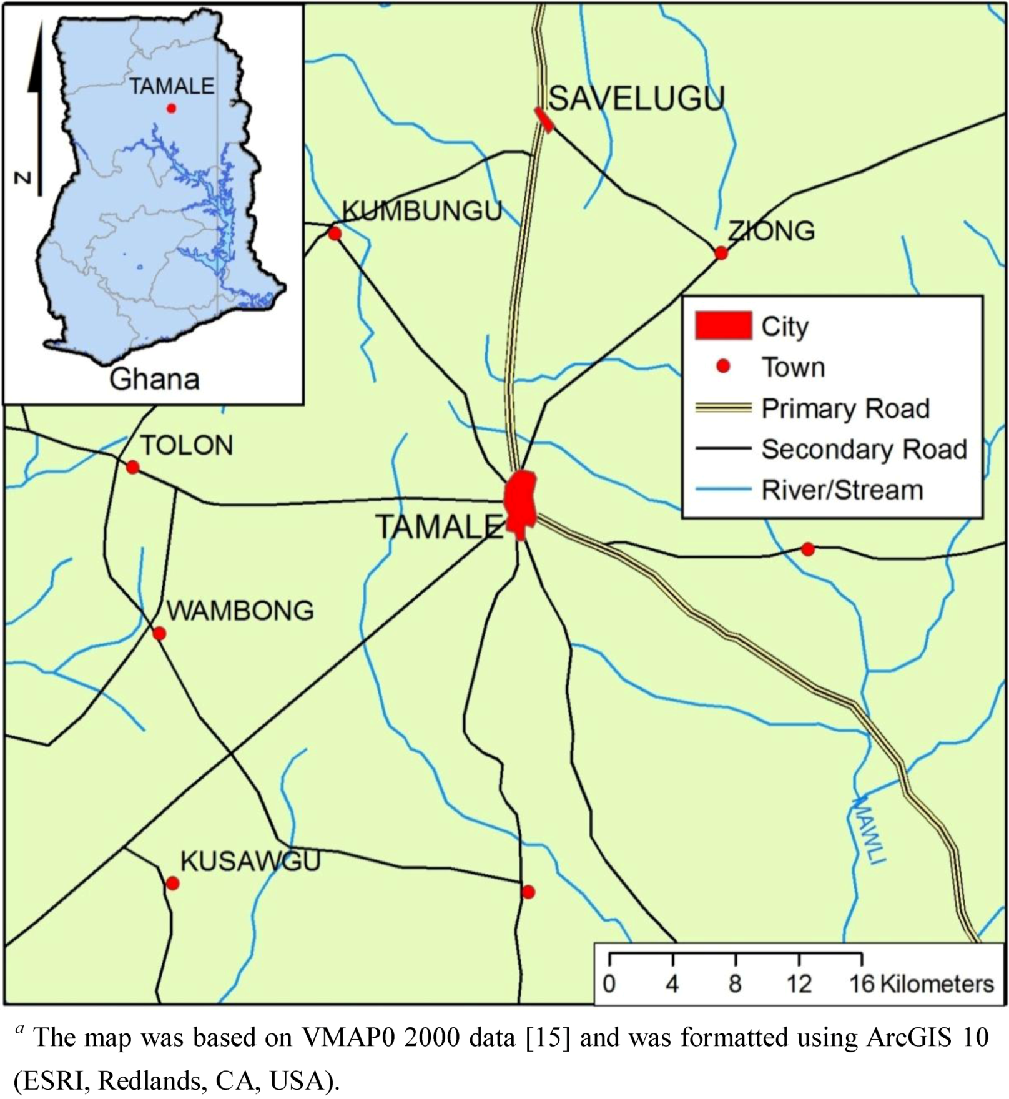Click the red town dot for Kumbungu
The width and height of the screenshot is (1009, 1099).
(335, 234)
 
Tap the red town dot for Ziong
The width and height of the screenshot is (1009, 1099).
(721, 253)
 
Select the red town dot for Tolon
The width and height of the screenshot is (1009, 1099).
(132, 467)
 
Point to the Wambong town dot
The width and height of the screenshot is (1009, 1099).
(159, 634)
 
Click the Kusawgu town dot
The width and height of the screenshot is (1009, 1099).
(173, 884)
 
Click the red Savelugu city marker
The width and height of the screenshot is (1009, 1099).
(544, 120)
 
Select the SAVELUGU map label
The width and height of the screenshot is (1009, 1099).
(636, 99)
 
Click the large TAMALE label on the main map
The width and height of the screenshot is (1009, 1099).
(439, 528)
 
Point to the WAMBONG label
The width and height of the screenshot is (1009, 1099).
(240, 611)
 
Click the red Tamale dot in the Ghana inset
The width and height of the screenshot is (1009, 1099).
(171, 109)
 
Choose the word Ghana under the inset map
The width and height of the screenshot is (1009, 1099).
(154, 379)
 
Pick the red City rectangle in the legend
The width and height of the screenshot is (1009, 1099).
(723, 326)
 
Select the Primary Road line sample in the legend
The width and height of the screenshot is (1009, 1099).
(723, 408)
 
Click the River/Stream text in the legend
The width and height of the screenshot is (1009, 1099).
(842, 490)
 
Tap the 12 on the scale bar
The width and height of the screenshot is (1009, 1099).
(799, 984)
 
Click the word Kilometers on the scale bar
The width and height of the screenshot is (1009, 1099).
(937, 984)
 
